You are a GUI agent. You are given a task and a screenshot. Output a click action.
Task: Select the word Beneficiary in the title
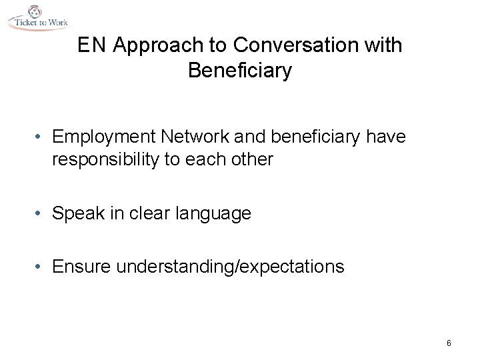pos(240,70)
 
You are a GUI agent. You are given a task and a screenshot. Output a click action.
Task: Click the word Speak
pos(75,213)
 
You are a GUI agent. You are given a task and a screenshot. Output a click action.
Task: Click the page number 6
pos(449,343)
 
